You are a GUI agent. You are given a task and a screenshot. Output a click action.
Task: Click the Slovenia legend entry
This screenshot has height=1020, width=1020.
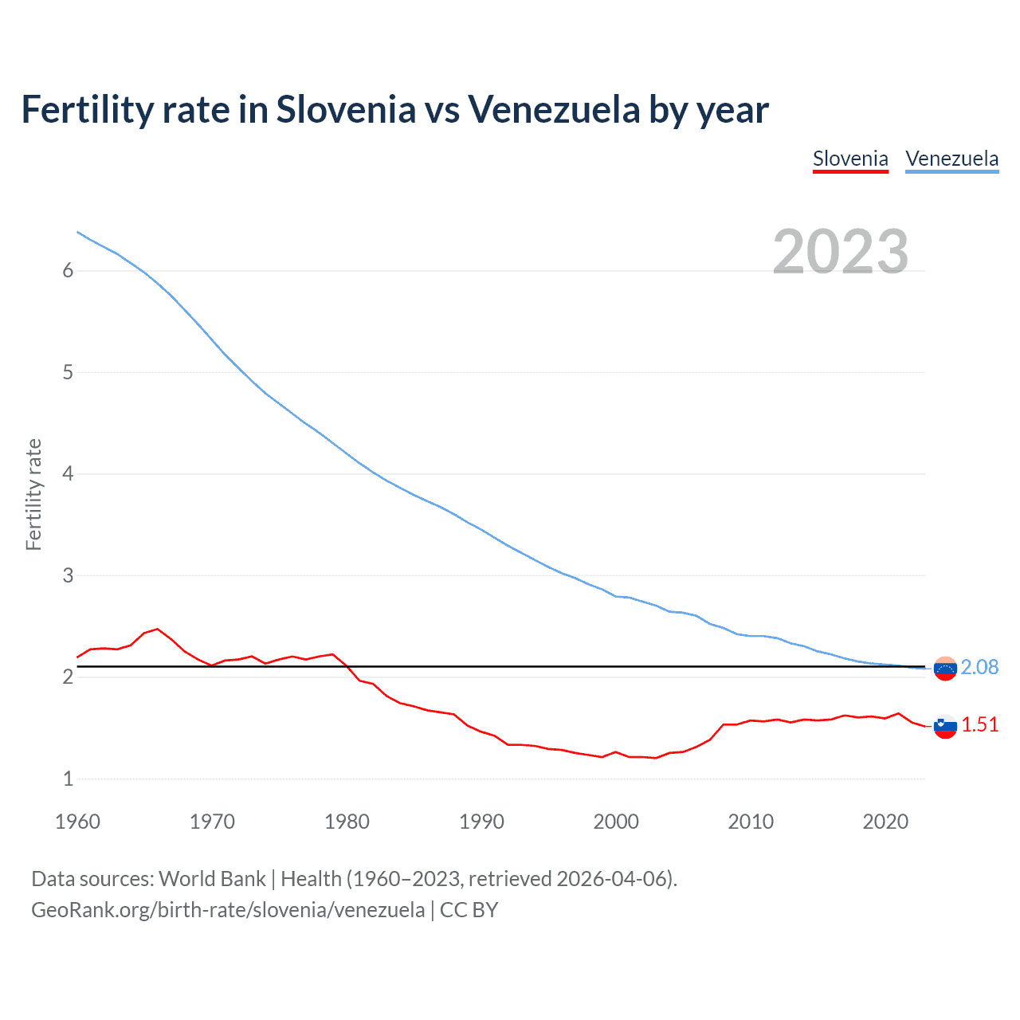click(x=850, y=159)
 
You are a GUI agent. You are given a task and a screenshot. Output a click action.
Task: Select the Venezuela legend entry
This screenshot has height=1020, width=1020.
click(x=951, y=159)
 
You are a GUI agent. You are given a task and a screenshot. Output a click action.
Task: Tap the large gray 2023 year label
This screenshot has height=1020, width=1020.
click(x=841, y=252)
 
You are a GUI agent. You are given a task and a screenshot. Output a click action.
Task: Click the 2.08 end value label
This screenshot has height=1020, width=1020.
click(x=979, y=667)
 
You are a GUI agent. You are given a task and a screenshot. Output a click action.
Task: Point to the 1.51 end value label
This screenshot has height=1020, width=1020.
click(x=979, y=724)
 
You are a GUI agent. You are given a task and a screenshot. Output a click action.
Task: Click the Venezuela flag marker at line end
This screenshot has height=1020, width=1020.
click(x=945, y=669)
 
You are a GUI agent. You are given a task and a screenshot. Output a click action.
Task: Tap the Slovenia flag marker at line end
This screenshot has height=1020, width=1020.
click(x=945, y=726)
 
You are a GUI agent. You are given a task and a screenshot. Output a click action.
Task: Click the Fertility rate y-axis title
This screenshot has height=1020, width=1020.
click(x=33, y=494)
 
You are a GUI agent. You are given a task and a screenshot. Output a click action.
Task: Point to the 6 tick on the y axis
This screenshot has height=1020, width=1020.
click(x=68, y=271)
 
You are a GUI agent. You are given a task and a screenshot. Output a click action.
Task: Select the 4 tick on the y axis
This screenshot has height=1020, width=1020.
click(x=68, y=474)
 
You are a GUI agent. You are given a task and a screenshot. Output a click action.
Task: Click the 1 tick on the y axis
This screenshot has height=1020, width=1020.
click(x=68, y=779)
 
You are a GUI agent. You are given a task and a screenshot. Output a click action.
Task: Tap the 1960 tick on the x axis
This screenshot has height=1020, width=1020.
click(x=77, y=822)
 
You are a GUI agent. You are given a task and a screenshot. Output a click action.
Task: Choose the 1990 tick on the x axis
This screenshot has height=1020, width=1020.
click(x=481, y=822)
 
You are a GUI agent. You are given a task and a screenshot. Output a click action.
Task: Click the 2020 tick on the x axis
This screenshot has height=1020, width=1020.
click(x=885, y=822)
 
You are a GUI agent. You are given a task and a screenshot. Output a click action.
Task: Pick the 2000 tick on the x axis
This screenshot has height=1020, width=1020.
click(x=616, y=822)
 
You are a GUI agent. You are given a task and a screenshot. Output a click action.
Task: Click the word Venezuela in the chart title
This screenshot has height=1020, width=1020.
click(x=554, y=109)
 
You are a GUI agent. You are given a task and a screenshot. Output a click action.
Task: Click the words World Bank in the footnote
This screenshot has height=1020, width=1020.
click(x=212, y=879)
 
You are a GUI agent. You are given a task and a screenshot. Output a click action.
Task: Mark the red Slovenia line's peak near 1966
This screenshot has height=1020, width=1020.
click(x=158, y=629)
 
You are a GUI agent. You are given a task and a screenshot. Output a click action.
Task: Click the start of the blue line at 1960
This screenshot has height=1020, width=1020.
click(x=77, y=232)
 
